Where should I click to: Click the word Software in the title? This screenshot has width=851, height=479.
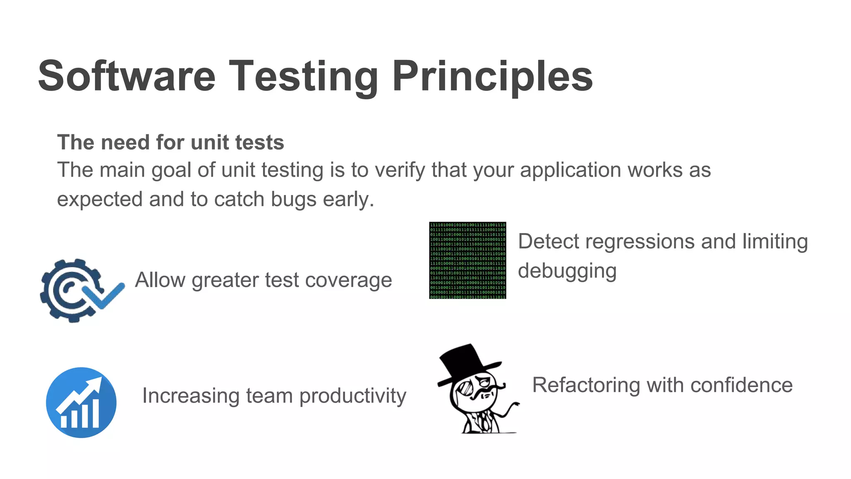pyautogui.click(x=127, y=76)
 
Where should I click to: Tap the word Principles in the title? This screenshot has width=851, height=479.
pyautogui.click(x=492, y=76)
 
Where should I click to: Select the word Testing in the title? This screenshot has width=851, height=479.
pyautogui.click(x=303, y=76)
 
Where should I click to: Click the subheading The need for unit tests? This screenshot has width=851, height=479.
pyautogui.click(x=170, y=143)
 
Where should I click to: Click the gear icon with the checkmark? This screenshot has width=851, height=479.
pyautogui.click(x=71, y=290)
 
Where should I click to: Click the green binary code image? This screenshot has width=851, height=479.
pyautogui.click(x=467, y=260)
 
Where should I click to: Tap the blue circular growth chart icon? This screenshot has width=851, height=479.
pyautogui.click(x=81, y=402)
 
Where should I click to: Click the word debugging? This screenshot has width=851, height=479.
pyautogui.click(x=567, y=271)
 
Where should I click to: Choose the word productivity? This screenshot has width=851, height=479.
pyautogui.click(x=352, y=396)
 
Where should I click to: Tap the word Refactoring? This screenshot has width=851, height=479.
pyautogui.click(x=586, y=385)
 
